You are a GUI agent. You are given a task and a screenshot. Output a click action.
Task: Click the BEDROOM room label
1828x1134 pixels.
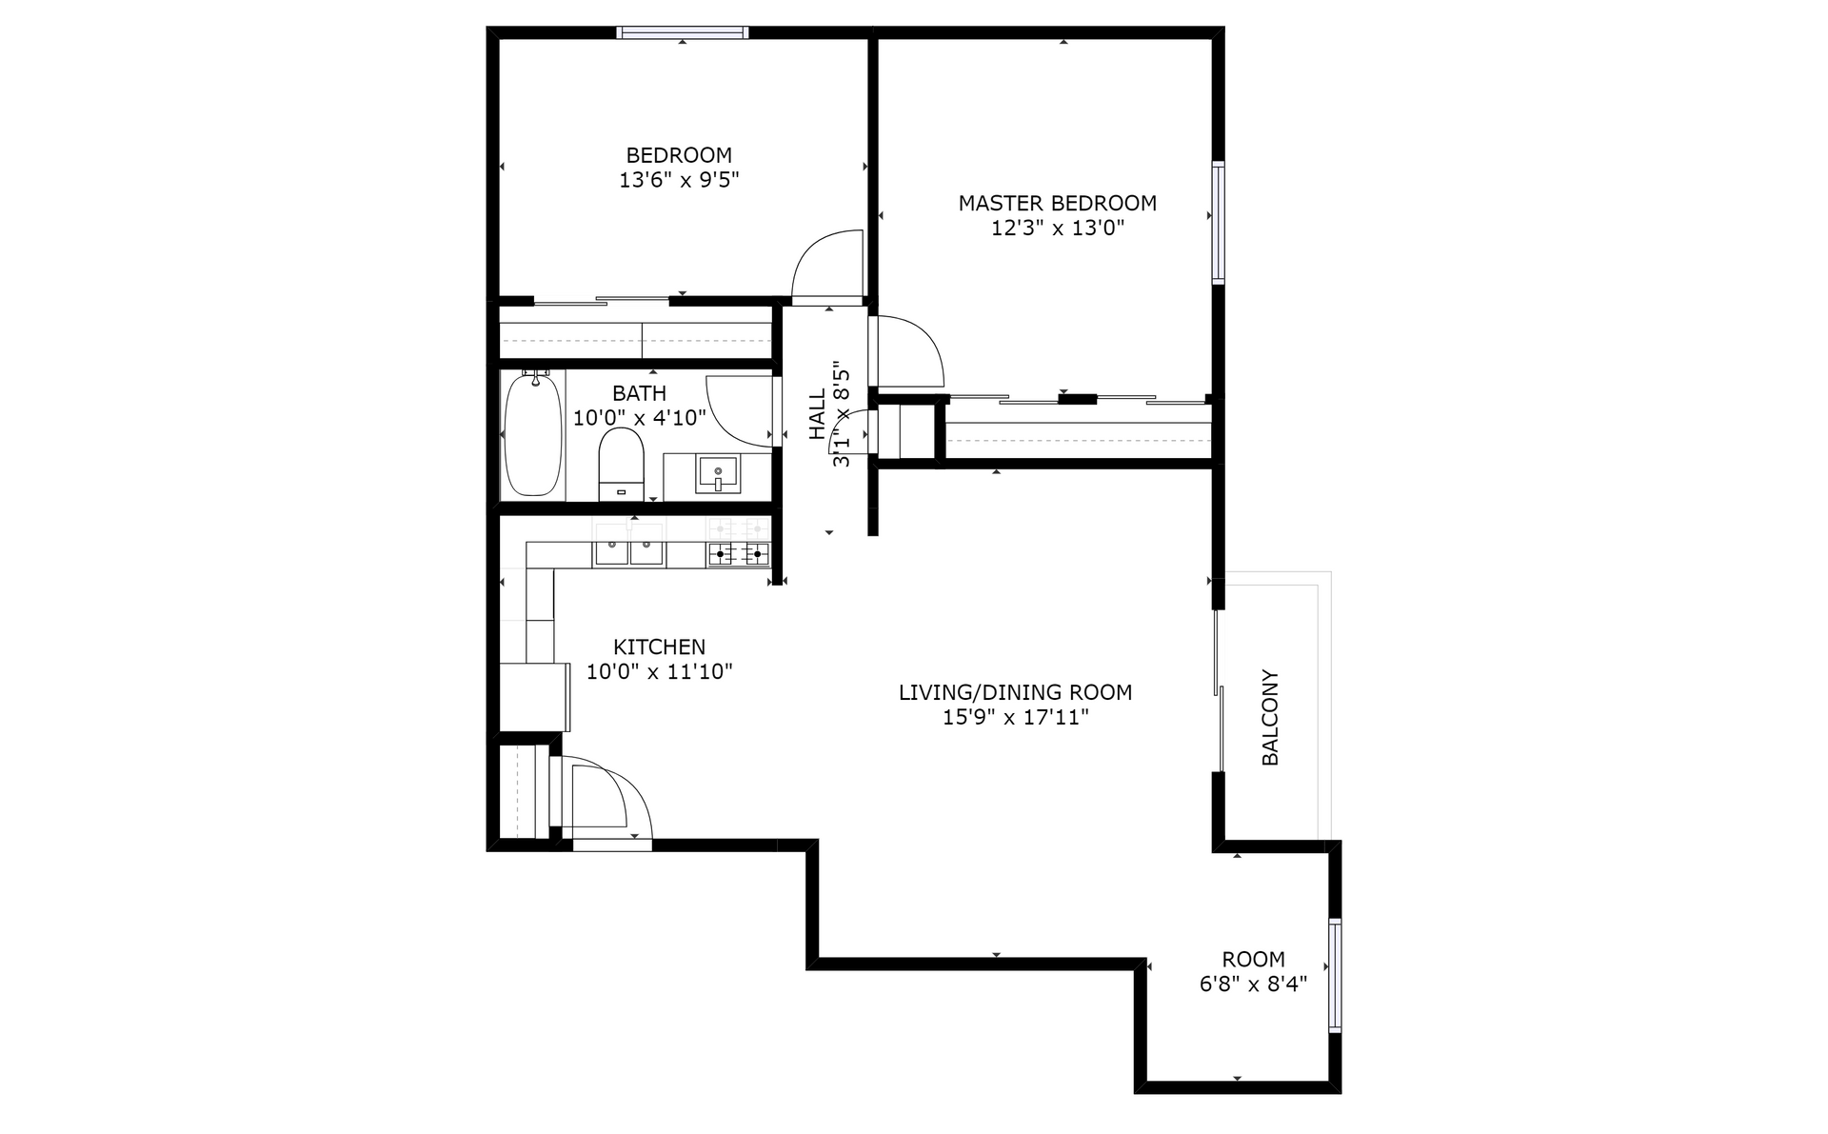[679, 155]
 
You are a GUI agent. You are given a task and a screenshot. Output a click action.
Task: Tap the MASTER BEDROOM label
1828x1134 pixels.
[1057, 204]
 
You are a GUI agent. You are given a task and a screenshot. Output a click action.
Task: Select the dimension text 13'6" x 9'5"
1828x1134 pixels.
[679, 180]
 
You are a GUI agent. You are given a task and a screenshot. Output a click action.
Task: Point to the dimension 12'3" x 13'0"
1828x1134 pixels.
[1058, 229]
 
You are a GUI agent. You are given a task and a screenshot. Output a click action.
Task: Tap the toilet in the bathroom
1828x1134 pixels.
[621, 464]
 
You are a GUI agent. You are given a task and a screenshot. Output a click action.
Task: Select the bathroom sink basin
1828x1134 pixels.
[717, 473]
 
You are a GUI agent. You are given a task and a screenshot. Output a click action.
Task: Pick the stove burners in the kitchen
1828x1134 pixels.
[738, 552]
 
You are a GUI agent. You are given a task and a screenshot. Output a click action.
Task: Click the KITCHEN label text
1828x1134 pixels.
[659, 647]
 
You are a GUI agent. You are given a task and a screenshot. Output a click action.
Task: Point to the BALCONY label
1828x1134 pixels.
[1270, 718]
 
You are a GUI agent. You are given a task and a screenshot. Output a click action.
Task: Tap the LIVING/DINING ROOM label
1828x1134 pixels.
[1015, 693]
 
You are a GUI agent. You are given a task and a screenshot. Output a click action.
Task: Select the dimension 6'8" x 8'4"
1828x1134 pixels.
[1253, 985]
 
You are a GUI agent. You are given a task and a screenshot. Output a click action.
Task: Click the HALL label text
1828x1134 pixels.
[818, 415]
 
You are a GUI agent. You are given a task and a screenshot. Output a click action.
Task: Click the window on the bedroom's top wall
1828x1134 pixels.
[683, 32]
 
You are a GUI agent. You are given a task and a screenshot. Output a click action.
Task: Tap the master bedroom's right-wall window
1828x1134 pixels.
[1218, 223]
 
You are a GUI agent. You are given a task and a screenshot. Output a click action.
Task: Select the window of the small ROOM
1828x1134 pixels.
[1335, 975]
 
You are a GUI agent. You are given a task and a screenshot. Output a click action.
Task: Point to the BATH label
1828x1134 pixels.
[639, 393]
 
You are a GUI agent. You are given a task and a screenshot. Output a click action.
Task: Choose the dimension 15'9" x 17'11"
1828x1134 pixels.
[1015, 718]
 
